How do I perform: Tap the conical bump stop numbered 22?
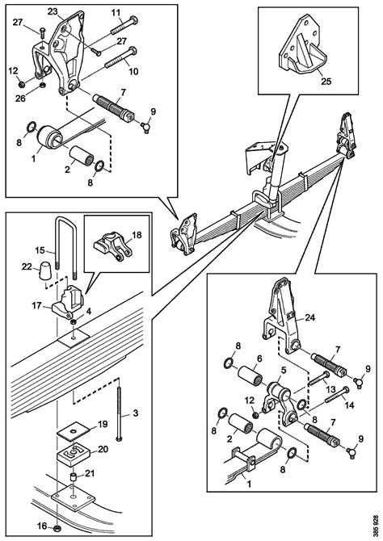point(44,270)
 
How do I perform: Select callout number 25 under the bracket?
point(326,81)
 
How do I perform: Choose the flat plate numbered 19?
point(73,432)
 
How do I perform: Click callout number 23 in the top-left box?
point(53,11)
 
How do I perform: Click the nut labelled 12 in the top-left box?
point(21,84)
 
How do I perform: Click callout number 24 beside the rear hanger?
point(309,317)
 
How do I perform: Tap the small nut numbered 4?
point(74,322)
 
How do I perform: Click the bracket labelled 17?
point(68,300)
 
